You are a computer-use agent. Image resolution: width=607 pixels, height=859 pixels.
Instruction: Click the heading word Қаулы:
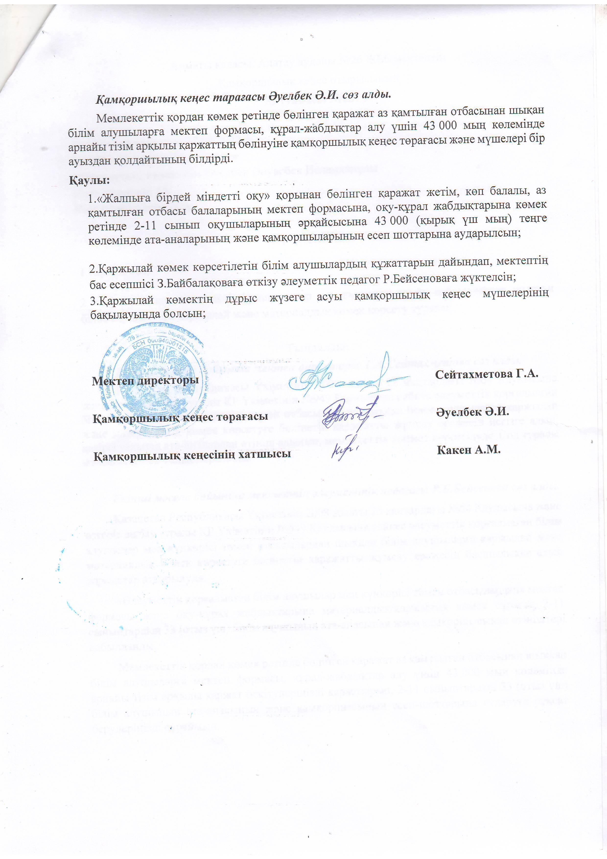pos(89,180)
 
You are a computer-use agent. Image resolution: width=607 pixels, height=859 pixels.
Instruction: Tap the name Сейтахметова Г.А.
pos(486,373)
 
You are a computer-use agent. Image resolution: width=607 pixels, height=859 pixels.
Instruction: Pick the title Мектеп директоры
pos(145,381)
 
